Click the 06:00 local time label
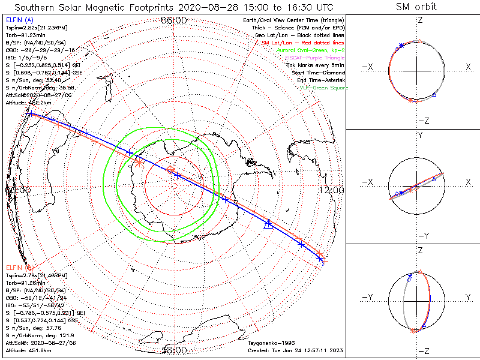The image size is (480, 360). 175,20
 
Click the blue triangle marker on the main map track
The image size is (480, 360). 268,224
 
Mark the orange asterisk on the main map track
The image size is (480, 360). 139,162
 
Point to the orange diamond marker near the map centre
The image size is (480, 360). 170,170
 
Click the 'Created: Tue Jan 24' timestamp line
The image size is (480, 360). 294,349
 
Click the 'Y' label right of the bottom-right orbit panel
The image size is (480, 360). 467,297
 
